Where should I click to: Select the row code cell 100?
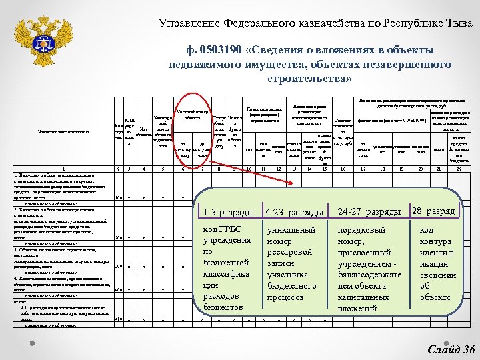[118, 197]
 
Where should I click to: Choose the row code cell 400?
[118, 290]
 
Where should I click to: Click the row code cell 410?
[118, 319]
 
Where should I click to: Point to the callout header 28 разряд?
[434, 211]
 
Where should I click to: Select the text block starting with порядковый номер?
[371, 263]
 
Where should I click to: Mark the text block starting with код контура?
[437, 263]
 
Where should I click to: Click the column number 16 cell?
[343, 169]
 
